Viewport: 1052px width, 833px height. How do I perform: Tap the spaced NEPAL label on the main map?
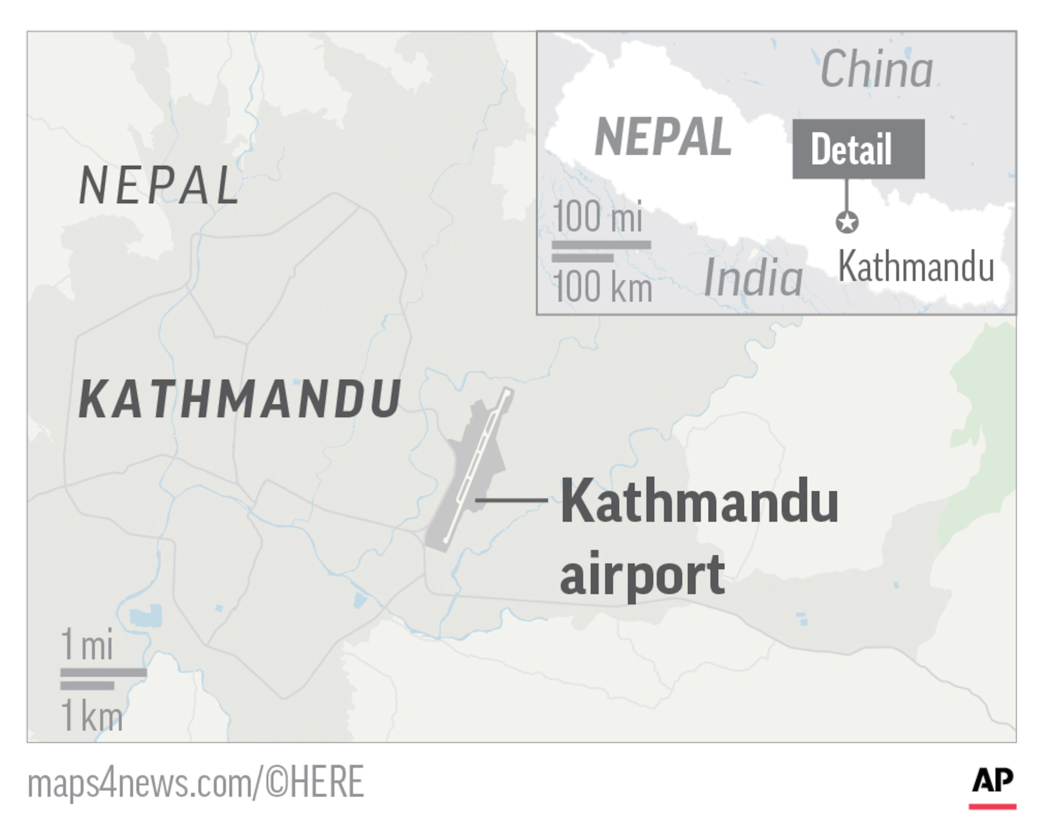[159, 185]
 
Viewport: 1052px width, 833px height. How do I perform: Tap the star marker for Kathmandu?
[847, 222]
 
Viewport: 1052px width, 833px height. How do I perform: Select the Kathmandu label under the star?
[916, 267]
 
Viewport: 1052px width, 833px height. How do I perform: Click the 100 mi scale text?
[598, 217]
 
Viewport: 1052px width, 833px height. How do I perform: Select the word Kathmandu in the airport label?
[699, 501]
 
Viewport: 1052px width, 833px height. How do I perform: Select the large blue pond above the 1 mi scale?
[146, 616]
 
